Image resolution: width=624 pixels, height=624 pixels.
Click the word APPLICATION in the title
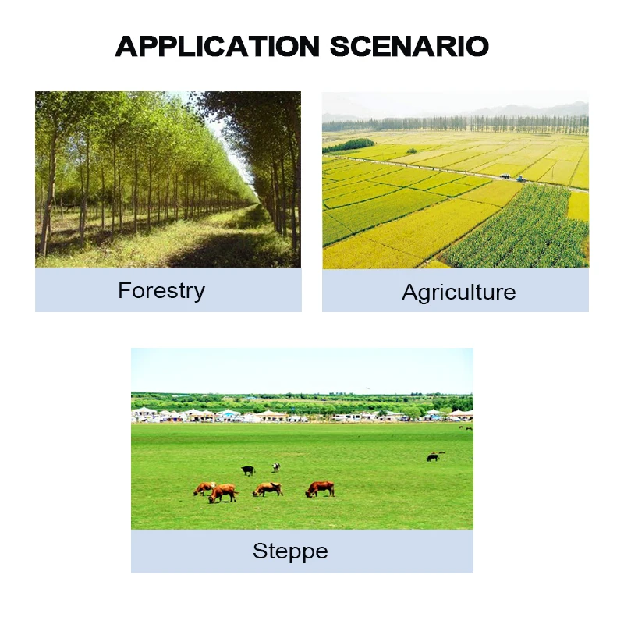217,46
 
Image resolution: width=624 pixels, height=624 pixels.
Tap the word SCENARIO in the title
409,46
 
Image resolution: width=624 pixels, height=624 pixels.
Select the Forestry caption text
161,291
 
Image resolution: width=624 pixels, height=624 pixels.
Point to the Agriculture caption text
459,292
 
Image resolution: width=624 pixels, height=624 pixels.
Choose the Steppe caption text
290,551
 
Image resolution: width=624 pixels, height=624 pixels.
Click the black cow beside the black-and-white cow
248,470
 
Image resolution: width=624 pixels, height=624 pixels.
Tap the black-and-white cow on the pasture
275,467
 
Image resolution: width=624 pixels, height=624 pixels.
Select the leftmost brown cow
204,488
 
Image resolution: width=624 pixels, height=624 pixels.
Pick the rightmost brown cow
320,488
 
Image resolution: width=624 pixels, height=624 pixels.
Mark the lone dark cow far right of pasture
433,457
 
